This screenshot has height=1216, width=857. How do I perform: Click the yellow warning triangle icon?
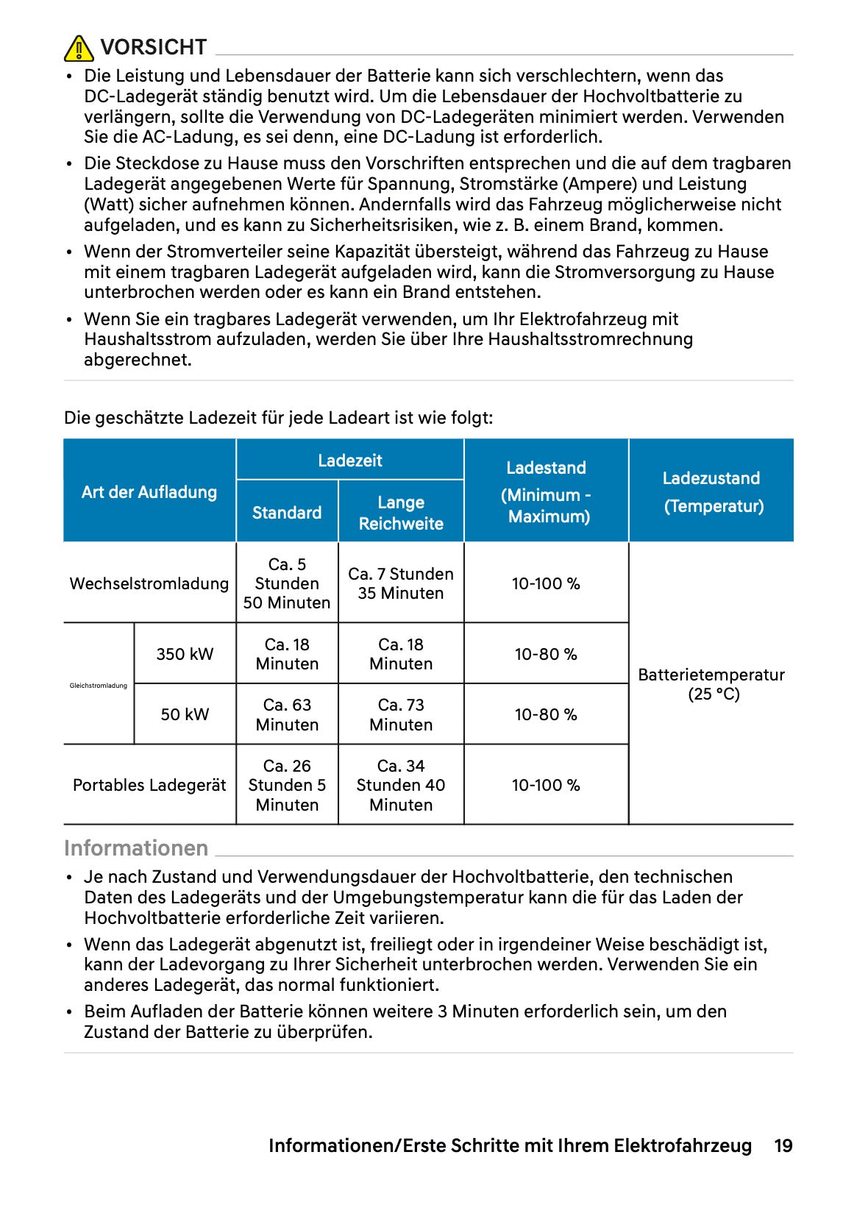tap(79, 49)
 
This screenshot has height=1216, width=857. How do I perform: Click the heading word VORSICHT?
tap(153, 47)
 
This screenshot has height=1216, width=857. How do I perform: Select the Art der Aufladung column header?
tap(149, 492)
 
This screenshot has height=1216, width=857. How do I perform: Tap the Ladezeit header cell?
tap(349, 461)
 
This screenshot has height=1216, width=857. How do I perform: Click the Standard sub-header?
tap(287, 513)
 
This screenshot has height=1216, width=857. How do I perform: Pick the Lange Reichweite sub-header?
tap(401, 513)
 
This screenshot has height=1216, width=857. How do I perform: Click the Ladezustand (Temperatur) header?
tap(711, 491)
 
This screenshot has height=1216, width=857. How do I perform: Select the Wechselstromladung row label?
tap(149, 583)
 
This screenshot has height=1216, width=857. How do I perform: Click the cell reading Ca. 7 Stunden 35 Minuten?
tap(401, 583)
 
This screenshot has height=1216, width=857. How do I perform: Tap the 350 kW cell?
tap(185, 654)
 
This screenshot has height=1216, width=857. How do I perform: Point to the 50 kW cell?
tap(185, 714)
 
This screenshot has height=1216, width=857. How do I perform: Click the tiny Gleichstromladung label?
tap(99, 686)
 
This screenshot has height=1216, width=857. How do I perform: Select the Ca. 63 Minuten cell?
tap(287, 714)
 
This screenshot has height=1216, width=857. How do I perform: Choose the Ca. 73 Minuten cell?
tap(401, 714)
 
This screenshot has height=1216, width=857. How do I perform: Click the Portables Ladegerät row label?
tap(149, 785)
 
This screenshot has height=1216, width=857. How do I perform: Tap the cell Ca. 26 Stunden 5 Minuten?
tap(287, 785)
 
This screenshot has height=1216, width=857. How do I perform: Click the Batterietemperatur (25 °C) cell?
tap(711, 684)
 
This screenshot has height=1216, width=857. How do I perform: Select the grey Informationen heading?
tap(136, 848)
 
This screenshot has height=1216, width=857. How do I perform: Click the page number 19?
tap(783, 1145)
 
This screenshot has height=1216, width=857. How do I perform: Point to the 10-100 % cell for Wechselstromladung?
tap(546, 583)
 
